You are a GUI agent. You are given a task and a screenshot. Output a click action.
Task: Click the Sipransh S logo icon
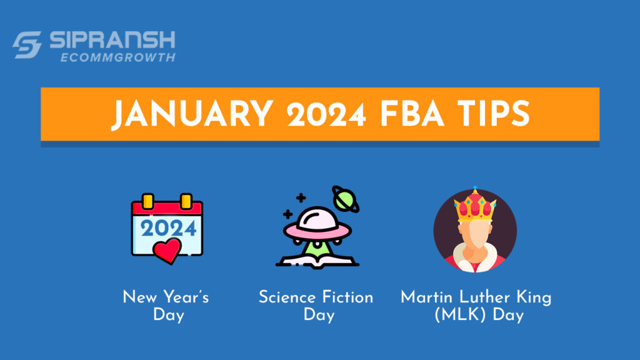click(x=27, y=46)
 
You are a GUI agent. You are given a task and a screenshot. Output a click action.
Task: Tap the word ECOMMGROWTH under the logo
click(x=117, y=57)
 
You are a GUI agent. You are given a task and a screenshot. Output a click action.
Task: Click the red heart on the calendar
click(x=167, y=251)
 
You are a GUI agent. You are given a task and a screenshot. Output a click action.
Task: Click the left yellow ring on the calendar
click(x=148, y=201)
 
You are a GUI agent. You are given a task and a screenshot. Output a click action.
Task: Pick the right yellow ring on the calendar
click(x=186, y=201)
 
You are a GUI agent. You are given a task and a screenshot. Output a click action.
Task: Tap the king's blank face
click(x=475, y=237)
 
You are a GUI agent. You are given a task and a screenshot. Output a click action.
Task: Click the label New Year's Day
click(x=167, y=305)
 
